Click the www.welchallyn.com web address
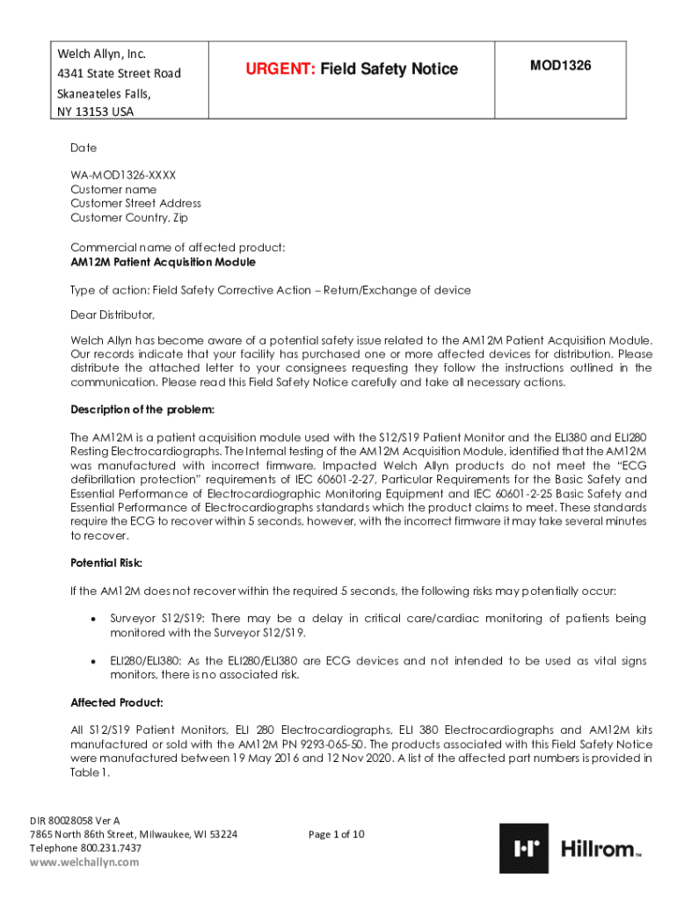point(84,862)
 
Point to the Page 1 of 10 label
point(337,834)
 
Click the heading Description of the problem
point(142,410)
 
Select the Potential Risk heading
point(106,562)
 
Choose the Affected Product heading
point(116,702)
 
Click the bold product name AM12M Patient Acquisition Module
point(164,262)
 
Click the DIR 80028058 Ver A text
point(75,820)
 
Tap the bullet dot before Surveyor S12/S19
point(92,619)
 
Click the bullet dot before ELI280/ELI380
point(92,661)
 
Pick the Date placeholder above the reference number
point(84,148)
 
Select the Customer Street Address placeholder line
point(135,203)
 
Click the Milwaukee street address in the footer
point(133,834)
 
